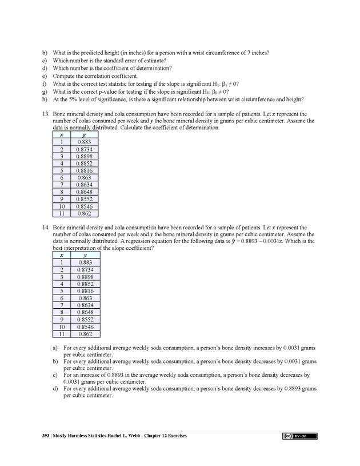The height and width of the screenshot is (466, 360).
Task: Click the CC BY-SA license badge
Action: (x=299, y=436)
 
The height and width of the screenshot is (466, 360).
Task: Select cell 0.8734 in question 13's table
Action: (x=84, y=149)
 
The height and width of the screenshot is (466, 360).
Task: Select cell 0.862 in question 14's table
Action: (x=84, y=334)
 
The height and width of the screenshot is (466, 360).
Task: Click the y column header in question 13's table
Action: (x=84, y=135)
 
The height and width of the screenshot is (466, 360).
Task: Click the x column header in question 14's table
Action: (x=61, y=255)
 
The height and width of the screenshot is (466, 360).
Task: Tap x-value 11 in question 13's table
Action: (x=61, y=213)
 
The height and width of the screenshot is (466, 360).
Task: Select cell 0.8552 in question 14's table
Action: (x=84, y=320)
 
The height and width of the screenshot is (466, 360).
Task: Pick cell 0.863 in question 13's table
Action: (x=84, y=178)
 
